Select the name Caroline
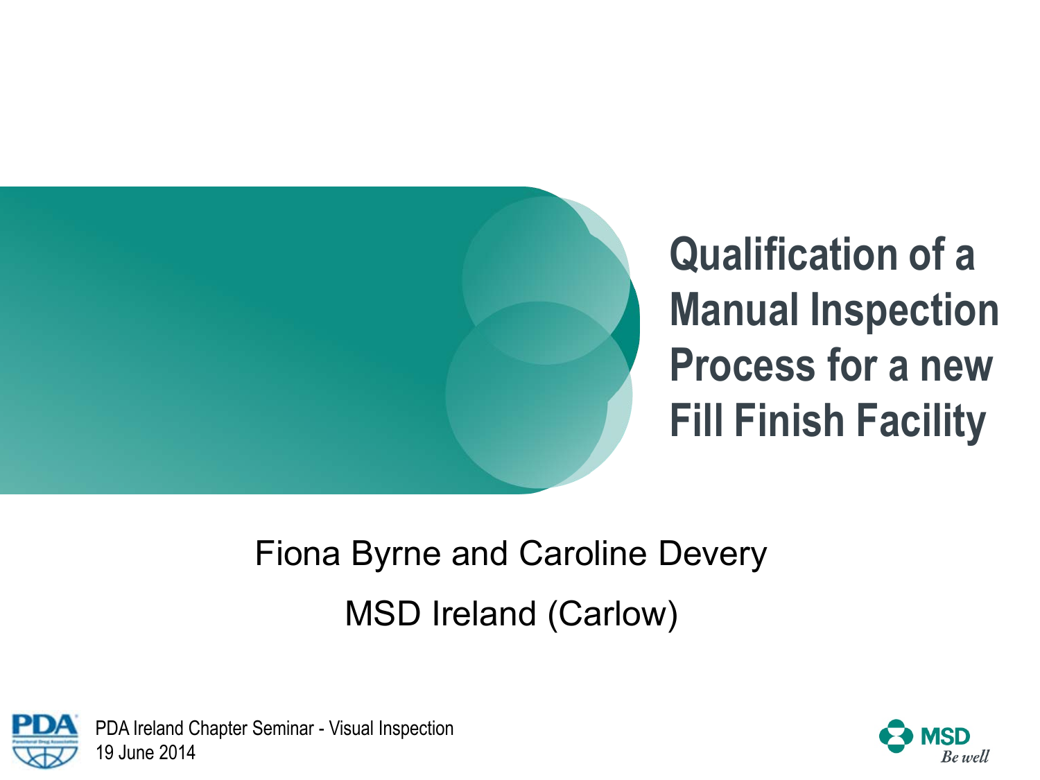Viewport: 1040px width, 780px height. pyautogui.click(x=583, y=553)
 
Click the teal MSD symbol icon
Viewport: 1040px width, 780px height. pyautogui.click(x=896, y=736)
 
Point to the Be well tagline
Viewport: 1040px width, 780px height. pyautogui.click(x=964, y=756)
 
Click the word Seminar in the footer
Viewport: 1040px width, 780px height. pyautogui.click(x=283, y=729)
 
